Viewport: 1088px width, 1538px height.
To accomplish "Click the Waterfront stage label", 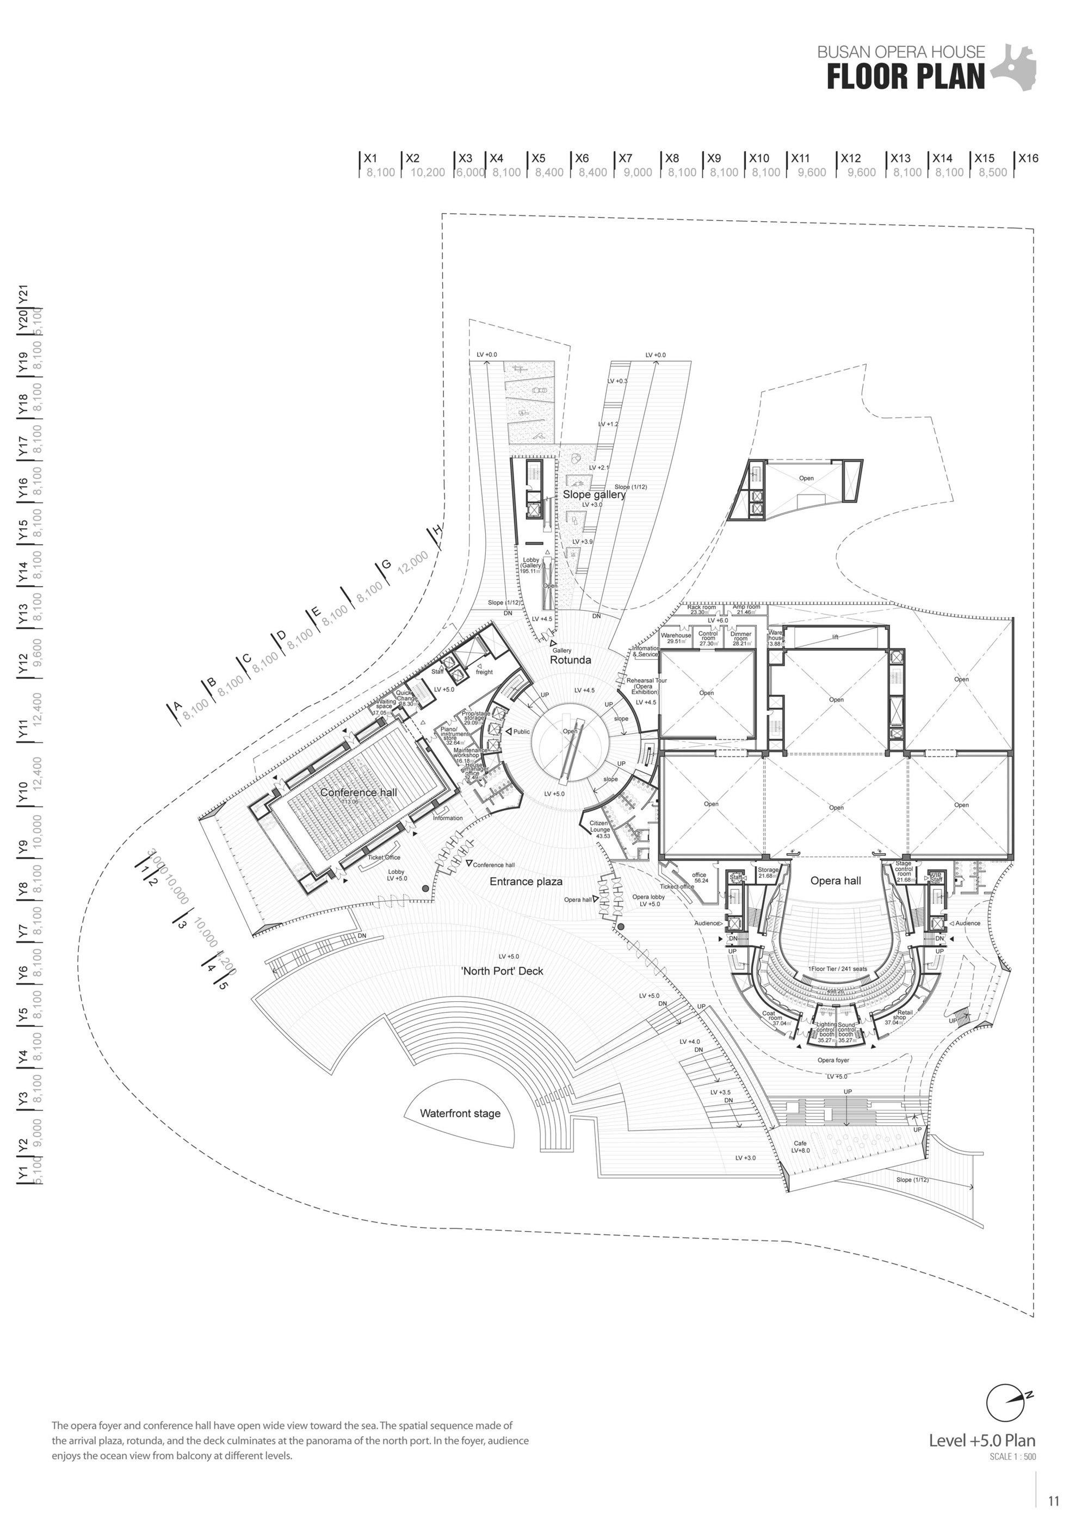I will [x=460, y=1113].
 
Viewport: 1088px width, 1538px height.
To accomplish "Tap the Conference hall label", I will [x=358, y=792].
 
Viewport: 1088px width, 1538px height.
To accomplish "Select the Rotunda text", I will [x=570, y=660].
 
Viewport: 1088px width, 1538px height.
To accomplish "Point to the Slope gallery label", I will [x=594, y=494].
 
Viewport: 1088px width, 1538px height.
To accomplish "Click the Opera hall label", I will [x=836, y=880].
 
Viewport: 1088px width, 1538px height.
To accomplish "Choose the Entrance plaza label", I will [x=526, y=882].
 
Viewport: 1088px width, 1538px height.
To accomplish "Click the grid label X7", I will [x=625, y=159].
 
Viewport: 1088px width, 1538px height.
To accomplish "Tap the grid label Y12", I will [x=23, y=664].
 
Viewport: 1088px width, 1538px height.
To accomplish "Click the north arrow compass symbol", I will [x=1006, y=1401].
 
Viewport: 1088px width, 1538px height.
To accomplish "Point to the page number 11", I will [x=1053, y=1501].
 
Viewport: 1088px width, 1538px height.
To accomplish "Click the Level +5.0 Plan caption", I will [x=981, y=1440].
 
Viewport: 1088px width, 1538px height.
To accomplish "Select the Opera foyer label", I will [x=833, y=1061].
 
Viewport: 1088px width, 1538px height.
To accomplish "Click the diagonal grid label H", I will [x=437, y=531].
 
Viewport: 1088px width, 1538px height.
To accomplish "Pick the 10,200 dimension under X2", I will [x=428, y=172].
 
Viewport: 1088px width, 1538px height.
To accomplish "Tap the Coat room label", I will [x=772, y=1016].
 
